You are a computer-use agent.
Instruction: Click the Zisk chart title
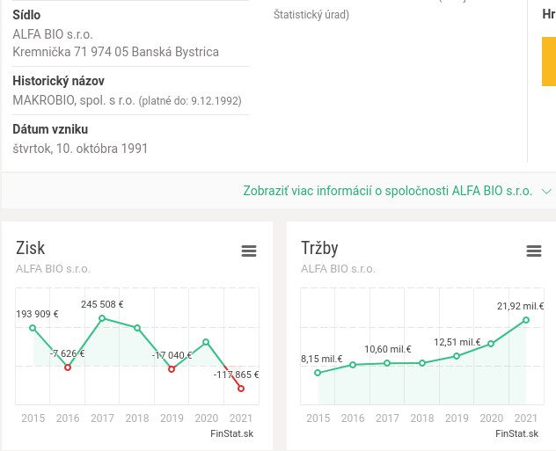(x=31, y=248)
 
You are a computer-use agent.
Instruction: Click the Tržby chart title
(x=319, y=248)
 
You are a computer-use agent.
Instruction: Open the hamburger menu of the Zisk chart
(x=249, y=251)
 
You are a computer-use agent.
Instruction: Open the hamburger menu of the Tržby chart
(x=534, y=251)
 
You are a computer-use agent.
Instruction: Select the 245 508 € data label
(x=102, y=305)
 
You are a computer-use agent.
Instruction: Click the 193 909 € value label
(x=37, y=314)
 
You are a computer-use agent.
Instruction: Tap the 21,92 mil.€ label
(x=520, y=307)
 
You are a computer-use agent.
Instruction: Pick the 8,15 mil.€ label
(x=321, y=359)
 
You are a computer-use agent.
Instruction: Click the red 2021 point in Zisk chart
(x=241, y=388)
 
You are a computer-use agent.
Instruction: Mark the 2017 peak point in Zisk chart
(x=103, y=318)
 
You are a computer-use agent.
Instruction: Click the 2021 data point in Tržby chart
(x=526, y=320)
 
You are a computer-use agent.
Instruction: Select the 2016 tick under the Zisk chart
(x=68, y=418)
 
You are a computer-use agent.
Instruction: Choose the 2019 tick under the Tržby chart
(x=457, y=418)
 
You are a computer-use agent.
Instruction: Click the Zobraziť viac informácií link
(x=387, y=191)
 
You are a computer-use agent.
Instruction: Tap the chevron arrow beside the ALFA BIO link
(x=546, y=191)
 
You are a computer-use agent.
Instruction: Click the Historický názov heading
(x=58, y=81)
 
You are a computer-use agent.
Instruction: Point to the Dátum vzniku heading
(x=50, y=129)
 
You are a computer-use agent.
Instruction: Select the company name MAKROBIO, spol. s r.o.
(x=74, y=100)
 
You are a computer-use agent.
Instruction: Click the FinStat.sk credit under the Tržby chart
(x=516, y=433)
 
